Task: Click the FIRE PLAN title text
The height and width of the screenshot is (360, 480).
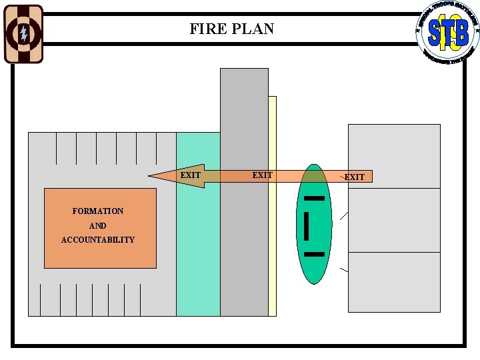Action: (231, 29)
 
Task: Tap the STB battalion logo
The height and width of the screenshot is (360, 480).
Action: (447, 33)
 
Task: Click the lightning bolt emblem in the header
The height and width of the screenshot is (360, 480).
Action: (23, 34)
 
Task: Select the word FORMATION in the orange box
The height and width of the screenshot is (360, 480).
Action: (98, 211)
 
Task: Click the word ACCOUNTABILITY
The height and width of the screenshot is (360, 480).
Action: (98, 240)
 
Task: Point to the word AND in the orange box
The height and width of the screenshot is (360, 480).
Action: (98, 226)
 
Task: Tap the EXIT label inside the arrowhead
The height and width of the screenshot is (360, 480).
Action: (191, 175)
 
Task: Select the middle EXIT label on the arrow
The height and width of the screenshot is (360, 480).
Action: (262, 175)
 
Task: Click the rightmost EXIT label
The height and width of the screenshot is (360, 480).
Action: (354, 177)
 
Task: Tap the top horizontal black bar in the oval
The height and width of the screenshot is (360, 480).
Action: (314, 198)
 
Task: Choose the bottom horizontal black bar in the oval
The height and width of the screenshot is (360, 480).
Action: (314, 254)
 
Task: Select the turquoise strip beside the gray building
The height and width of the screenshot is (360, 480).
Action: (198, 253)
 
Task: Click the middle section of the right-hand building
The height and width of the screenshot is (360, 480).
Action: (394, 220)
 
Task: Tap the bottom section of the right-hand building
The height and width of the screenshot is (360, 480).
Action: (394, 282)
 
